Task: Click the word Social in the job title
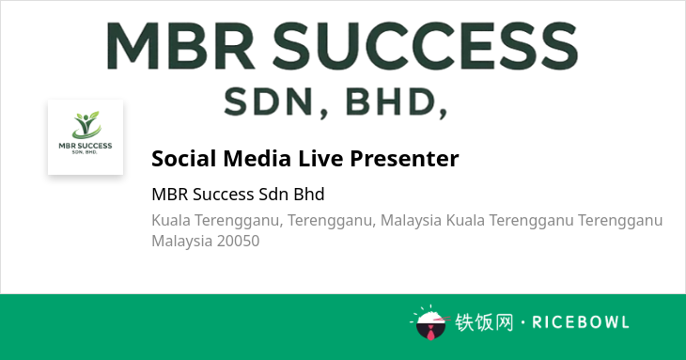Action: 184,158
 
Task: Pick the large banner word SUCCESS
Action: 426,46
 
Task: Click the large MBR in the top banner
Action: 180,46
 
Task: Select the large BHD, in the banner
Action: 397,102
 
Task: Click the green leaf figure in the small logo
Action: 86,125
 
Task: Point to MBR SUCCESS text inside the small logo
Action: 86,146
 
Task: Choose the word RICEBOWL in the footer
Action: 581,322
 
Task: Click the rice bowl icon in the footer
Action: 430,323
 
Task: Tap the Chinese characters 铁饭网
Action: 484,322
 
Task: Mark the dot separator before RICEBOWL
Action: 522,322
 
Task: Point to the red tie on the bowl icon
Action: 431,334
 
